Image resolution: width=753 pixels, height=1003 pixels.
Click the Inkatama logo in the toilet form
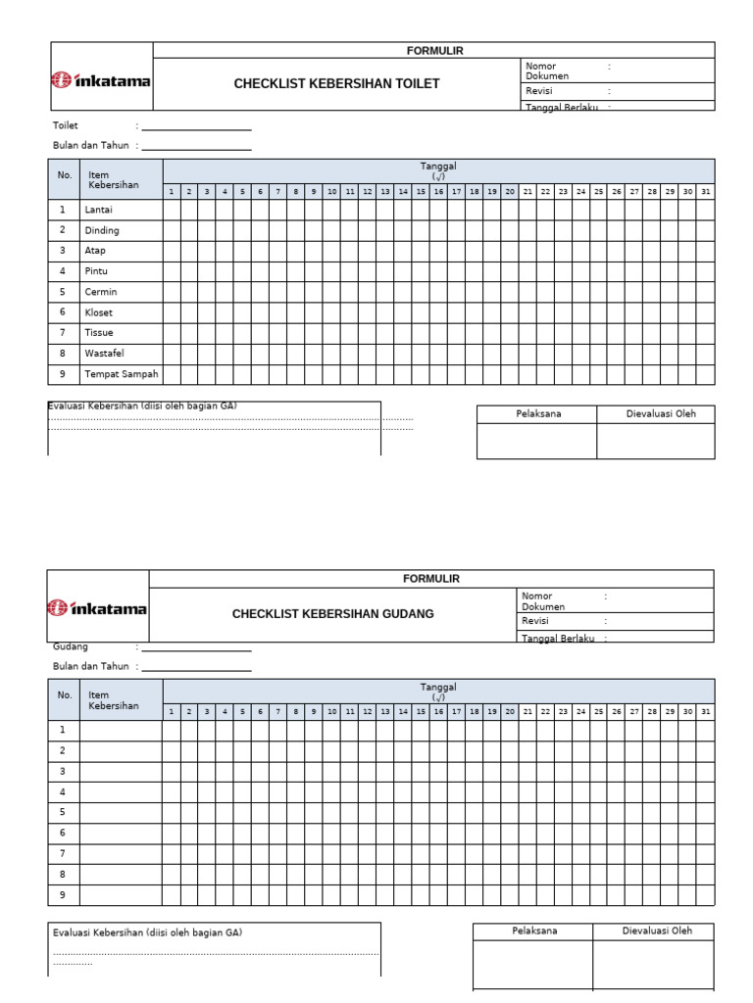click(x=101, y=81)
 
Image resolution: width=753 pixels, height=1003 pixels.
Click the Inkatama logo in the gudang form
click(x=98, y=608)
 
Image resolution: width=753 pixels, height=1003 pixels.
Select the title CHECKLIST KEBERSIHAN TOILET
click(x=336, y=84)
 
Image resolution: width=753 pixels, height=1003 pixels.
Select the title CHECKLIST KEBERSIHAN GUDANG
click(x=332, y=614)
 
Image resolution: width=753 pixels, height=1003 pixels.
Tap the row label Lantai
click(x=99, y=210)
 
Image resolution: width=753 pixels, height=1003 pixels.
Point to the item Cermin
click(x=101, y=292)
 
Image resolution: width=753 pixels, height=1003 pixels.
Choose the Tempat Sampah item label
click(x=122, y=374)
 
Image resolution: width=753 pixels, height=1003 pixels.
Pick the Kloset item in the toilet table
click(x=99, y=312)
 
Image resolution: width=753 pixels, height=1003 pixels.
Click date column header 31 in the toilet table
click(x=705, y=192)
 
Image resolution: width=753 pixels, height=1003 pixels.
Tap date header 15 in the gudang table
click(x=421, y=712)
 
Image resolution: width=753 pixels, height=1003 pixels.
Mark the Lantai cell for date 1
click(x=172, y=210)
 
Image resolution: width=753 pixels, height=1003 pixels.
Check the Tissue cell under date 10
click(x=332, y=333)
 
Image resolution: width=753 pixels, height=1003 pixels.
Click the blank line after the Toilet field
click(x=196, y=127)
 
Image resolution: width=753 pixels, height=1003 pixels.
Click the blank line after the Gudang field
click(x=196, y=648)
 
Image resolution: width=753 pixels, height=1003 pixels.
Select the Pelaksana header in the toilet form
click(x=538, y=414)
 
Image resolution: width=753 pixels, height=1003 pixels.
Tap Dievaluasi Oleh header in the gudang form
click(x=656, y=931)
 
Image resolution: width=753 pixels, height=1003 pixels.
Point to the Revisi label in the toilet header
click(x=539, y=91)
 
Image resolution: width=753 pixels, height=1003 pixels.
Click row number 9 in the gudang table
click(x=63, y=894)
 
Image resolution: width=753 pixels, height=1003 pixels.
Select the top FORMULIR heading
click(x=434, y=50)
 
